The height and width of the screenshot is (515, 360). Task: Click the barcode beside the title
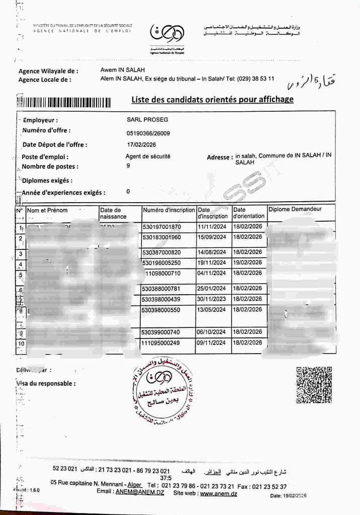click(x=64, y=103)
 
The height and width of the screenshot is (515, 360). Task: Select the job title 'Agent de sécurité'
click(x=148, y=156)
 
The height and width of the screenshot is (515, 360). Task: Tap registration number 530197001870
click(x=161, y=227)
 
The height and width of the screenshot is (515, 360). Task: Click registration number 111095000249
click(x=161, y=344)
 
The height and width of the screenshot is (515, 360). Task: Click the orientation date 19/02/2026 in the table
click(x=248, y=262)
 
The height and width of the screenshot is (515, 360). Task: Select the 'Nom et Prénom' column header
click(x=47, y=210)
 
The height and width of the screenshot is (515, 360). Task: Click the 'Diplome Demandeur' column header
click(x=295, y=209)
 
